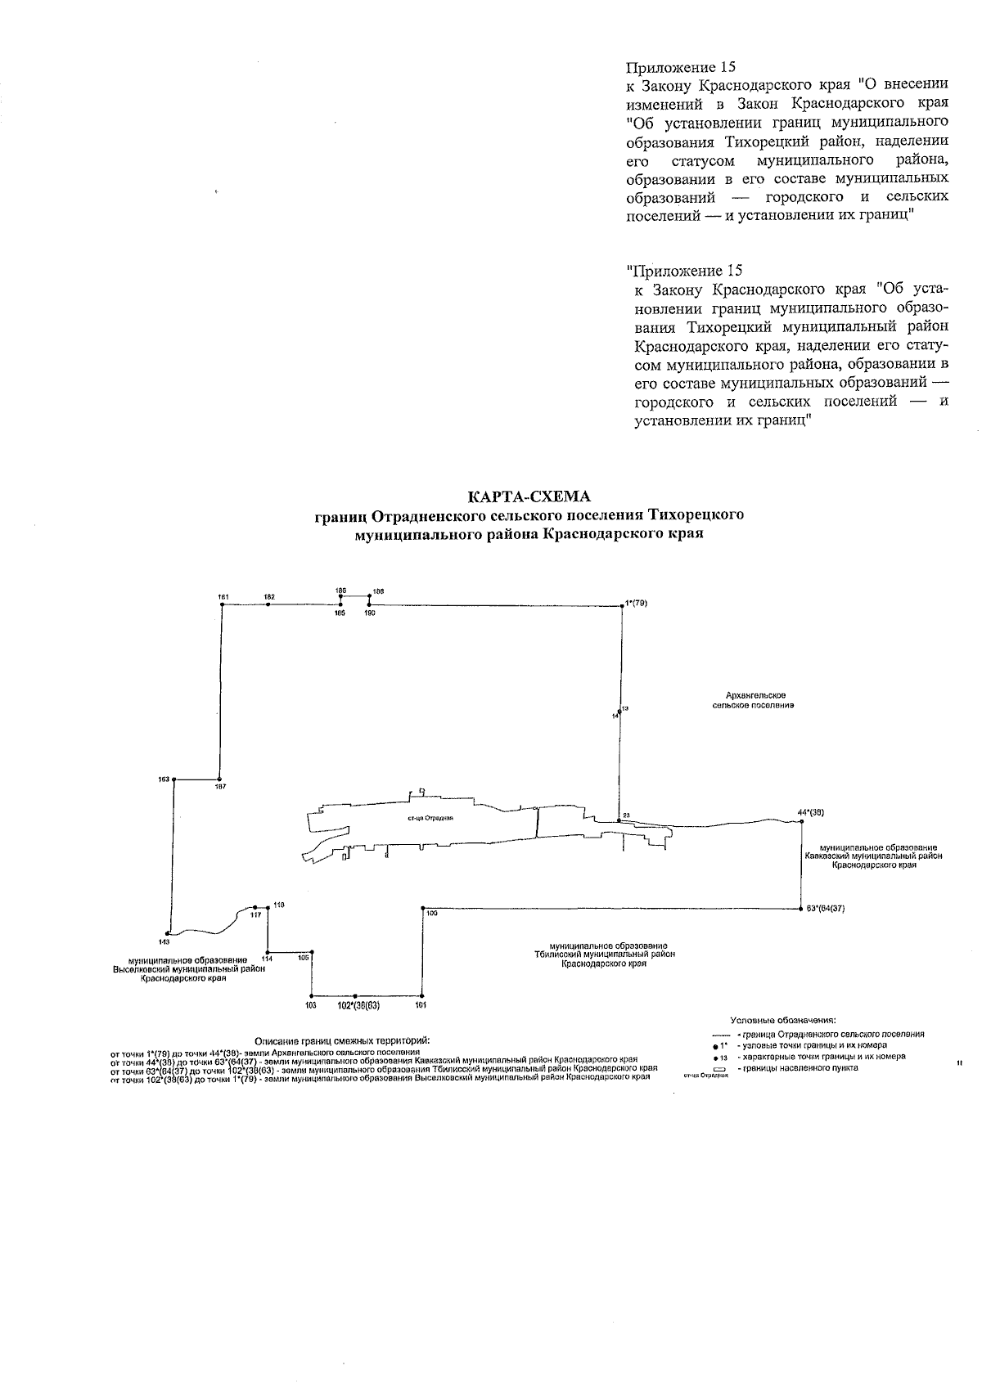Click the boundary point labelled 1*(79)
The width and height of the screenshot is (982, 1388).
point(623,606)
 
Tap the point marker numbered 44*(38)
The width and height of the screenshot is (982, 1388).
point(801,821)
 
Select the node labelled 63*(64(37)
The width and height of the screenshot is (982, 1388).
point(800,909)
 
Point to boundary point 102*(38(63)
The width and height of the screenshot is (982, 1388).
point(354,995)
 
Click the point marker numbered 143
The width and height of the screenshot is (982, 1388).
point(167,933)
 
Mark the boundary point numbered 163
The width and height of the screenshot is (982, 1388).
point(174,780)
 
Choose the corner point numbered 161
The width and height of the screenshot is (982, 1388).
point(224,604)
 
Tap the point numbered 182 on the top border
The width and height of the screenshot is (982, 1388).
point(268,604)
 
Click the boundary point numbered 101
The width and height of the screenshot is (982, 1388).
point(421,995)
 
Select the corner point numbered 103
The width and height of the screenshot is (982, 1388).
point(312,995)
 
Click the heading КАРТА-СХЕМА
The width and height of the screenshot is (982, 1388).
point(528,497)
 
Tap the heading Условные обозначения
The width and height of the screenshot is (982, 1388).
point(783,1021)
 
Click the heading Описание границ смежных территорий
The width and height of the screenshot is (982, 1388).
point(342,1040)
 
